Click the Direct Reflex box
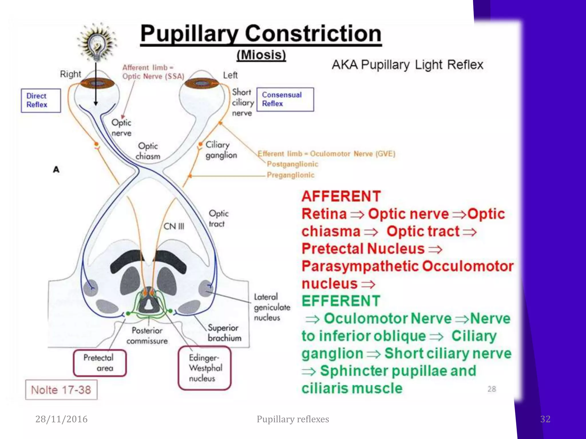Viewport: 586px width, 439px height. (41, 100)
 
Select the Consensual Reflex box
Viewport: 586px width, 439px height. (285, 99)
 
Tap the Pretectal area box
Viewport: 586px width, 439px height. (100, 363)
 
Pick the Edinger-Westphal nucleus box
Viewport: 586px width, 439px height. (204, 368)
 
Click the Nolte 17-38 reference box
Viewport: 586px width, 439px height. (61, 390)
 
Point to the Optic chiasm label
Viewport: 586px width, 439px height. (148, 151)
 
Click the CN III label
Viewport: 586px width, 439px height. (174, 226)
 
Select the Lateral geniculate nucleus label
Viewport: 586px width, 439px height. (272, 307)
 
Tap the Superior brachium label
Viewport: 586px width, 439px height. (224, 333)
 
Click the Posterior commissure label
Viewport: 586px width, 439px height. (147, 336)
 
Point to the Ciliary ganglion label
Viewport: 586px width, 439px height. (221, 150)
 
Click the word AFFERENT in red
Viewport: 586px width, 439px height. (341, 196)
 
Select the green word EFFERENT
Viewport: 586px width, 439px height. (340, 301)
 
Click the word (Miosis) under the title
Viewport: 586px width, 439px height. (261, 55)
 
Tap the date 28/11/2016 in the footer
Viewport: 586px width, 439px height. (61, 419)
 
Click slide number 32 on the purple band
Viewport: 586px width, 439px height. (545, 419)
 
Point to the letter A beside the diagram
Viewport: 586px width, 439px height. (56, 169)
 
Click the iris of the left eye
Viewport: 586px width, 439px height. (202, 83)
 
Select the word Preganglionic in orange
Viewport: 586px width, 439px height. (290, 175)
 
